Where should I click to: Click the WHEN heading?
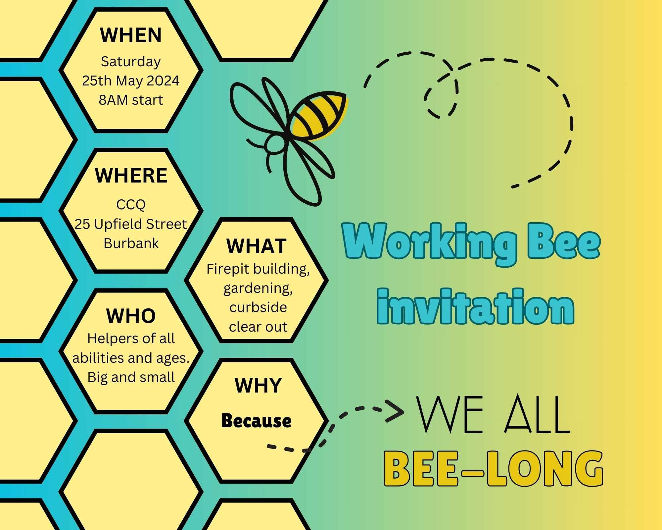click(131, 35)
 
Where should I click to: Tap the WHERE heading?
click(131, 176)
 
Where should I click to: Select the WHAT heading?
click(257, 246)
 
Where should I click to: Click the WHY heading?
click(258, 386)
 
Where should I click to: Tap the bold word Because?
click(257, 421)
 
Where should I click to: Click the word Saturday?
click(131, 62)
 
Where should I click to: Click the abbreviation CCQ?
click(131, 205)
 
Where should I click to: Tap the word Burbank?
click(131, 243)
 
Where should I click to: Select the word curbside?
click(258, 307)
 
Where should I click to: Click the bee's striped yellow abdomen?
click(318, 116)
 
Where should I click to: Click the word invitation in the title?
click(475, 306)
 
